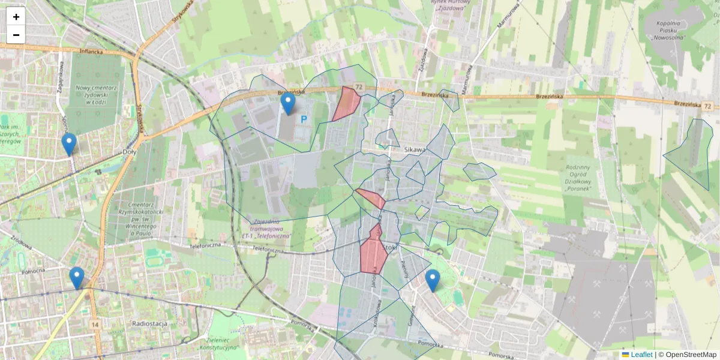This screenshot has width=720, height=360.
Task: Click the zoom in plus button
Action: coord(16,17)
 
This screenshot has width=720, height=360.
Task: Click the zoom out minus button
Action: coord(16,35)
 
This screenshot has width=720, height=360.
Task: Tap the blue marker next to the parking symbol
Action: coord(288,104)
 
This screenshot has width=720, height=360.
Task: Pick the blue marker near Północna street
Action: coord(77,278)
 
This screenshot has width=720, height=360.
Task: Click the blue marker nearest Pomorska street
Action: coord(432,280)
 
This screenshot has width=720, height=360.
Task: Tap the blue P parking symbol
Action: coord(304,120)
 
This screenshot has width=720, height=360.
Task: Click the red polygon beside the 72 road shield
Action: coord(346,103)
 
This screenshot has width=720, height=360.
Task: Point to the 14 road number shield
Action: coord(95,325)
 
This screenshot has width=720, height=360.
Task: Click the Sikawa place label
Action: coord(415,150)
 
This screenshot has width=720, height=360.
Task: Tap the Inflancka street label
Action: coord(91,52)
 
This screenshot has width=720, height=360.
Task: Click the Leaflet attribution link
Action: coord(641,355)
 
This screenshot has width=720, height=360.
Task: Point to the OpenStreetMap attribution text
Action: coord(691,355)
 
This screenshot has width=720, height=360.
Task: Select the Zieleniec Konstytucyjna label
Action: coord(220,343)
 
